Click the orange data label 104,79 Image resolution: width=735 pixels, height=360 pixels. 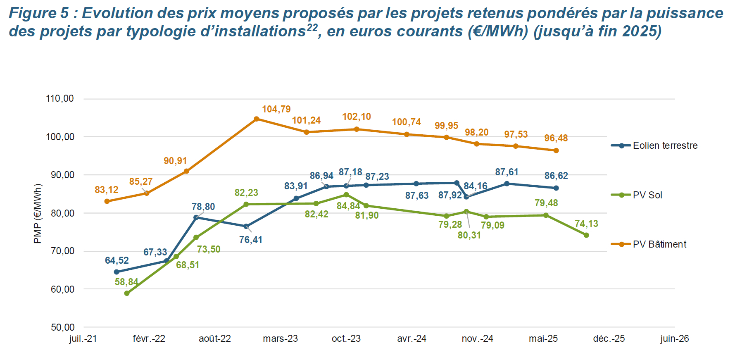(x=276, y=109)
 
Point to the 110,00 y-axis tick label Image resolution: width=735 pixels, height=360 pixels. (x=60, y=98)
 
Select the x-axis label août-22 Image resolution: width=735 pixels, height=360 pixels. (x=214, y=339)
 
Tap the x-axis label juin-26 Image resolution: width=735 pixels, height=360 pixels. (x=674, y=339)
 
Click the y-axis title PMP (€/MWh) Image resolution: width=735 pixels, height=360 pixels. (x=38, y=214)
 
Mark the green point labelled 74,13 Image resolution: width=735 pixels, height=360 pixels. (x=586, y=235)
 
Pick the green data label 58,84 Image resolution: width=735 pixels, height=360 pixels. (x=126, y=282)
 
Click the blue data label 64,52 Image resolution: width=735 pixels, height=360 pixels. (x=117, y=260)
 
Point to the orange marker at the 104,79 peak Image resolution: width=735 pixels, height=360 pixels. (x=256, y=119)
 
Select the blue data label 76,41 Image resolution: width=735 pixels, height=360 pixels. (x=250, y=240)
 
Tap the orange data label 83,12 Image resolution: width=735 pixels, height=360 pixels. (x=106, y=190)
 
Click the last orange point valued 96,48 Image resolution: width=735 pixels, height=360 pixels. (x=556, y=150)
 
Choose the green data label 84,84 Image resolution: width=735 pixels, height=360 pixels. (x=348, y=206)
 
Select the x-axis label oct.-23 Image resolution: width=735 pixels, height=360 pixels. (x=346, y=339)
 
